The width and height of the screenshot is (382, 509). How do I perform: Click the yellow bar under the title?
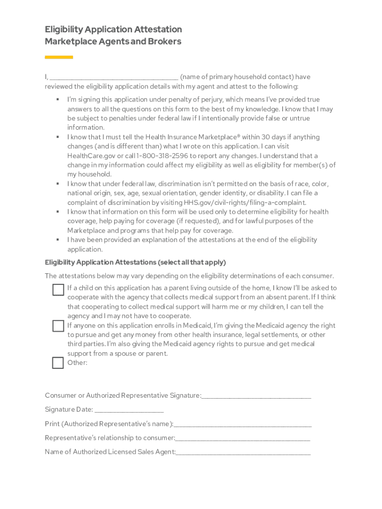coord(59,57)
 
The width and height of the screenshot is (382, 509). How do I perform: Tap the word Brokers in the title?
coord(164,42)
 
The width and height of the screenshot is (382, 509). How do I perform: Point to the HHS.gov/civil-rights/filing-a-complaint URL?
coord(252,202)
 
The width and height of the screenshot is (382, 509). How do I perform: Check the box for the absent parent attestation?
coord(58,289)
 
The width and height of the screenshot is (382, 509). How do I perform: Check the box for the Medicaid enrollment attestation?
coord(58,326)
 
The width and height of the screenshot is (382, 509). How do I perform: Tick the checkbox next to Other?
coord(58,363)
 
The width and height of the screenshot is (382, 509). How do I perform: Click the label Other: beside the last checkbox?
coord(77,363)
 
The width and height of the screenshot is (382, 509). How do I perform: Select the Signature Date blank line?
coord(128,410)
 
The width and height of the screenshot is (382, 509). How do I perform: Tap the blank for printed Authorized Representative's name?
coord(243,424)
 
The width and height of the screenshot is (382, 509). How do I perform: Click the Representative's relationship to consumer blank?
coord(243,438)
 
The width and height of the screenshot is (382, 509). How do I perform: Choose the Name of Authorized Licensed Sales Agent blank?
coord(243,452)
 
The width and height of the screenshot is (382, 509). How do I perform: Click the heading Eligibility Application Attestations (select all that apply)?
coord(135,262)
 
